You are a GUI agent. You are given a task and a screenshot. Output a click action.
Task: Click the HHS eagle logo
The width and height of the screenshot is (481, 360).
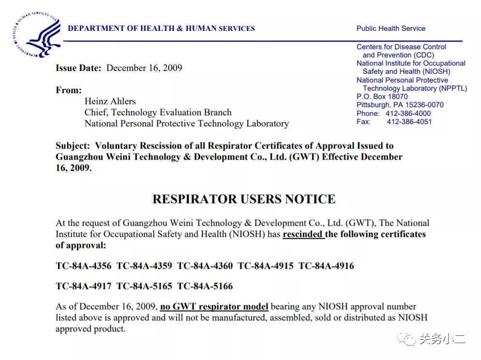point(35,35)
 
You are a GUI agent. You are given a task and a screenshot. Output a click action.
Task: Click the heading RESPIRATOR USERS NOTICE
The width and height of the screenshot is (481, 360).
point(244,199)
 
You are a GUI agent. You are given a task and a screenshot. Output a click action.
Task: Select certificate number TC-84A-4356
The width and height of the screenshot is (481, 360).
point(84,266)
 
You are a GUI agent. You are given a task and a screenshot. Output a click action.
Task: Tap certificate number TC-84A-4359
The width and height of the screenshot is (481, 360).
point(144,266)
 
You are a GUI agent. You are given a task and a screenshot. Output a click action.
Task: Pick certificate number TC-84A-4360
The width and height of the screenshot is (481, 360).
point(205,266)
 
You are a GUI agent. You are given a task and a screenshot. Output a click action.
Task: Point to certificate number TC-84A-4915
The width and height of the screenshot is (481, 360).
point(266,266)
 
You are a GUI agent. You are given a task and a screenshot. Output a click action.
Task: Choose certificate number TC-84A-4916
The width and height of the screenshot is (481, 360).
point(326,266)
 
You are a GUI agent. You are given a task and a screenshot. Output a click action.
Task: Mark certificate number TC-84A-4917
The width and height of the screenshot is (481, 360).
point(84,286)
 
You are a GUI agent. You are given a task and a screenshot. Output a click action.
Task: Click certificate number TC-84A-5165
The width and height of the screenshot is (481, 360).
point(144,286)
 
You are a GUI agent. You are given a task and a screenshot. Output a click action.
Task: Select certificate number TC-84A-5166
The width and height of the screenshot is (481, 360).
point(205,286)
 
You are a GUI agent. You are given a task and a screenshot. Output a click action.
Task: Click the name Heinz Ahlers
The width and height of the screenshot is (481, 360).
point(110,101)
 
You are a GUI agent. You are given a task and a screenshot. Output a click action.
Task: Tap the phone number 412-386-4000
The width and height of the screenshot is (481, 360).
point(408,113)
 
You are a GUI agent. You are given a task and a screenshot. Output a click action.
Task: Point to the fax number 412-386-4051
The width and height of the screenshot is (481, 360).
point(409,122)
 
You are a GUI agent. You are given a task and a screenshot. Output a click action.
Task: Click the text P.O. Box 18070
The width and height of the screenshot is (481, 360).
point(382,97)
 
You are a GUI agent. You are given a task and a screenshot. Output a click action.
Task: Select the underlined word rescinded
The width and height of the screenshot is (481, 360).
point(303,235)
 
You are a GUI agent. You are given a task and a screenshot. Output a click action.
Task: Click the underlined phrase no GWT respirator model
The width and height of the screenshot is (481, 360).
point(214,307)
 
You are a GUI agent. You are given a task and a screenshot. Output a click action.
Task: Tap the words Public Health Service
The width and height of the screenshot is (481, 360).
point(391,28)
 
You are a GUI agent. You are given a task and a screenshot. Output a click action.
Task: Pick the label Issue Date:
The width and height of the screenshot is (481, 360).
point(78,68)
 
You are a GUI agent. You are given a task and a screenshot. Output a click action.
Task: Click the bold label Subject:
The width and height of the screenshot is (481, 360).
point(72,146)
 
